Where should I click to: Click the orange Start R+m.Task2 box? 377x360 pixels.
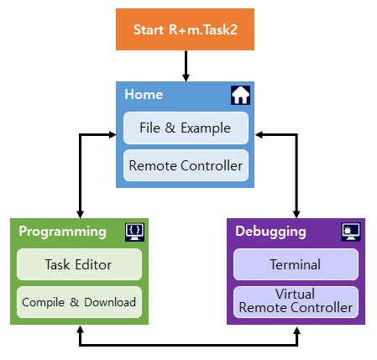click(x=185, y=29)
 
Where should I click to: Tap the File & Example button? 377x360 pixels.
click(x=186, y=128)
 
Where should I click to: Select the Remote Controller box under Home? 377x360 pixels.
click(x=186, y=165)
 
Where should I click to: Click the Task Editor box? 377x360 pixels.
click(x=79, y=264)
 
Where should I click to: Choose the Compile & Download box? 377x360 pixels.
click(x=79, y=302)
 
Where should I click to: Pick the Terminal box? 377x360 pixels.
click(x=296, y=264)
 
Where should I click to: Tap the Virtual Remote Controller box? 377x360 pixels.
click(x=296, y=302)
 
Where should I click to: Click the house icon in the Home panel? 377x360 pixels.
click(x=240, y=95)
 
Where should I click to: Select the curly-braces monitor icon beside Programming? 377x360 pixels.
click(x=135, y=232)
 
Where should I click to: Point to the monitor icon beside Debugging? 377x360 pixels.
click(x=351, y=232)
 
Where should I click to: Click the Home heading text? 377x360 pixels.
click(x=144, y=94)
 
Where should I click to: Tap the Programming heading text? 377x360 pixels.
click(x=63, y=232)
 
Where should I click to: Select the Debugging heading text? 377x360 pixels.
click(x=270, y=232)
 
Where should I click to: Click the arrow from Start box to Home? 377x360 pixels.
click(x=186, y=66)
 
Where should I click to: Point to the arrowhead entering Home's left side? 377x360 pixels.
click(x=113, y=135)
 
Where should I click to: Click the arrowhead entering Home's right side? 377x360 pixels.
click(x=259, y=135)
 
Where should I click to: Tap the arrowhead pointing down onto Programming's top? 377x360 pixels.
click(x=81, y=214)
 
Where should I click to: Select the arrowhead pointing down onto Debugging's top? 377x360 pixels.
click(x=296, y=214)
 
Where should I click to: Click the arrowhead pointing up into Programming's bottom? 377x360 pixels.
click(x=81, y=329)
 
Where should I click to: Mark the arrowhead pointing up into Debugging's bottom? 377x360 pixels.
click(x=296, y=329)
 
